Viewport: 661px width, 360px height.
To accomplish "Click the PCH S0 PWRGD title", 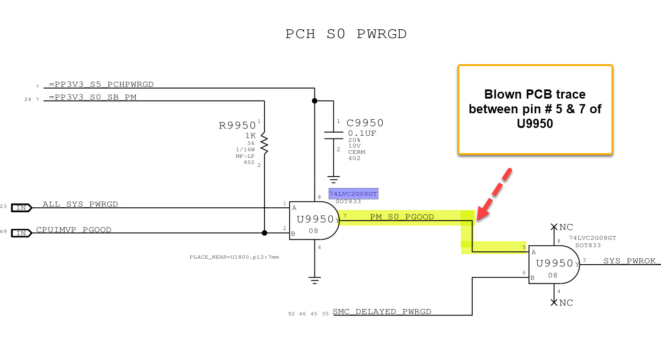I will click(x=346, y=34).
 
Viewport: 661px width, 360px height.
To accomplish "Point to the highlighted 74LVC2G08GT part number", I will click(x=353, y=194).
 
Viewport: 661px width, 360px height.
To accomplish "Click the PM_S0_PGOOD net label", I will click(x=402, y=217).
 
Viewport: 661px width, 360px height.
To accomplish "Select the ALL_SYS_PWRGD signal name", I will click(x=80, y=204).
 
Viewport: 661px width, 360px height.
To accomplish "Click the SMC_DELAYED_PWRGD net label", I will click(x=382, y=312).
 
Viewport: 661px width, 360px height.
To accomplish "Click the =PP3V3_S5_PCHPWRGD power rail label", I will click(x=101, y=84).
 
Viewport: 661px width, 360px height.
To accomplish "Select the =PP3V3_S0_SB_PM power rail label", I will click(x=93, y=97).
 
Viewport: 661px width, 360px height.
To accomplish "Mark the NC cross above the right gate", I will click(x=554, y=227).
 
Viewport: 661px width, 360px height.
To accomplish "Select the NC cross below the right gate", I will click(x=554, y=302).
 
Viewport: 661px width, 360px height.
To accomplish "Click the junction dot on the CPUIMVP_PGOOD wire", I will click(x=264, y=233).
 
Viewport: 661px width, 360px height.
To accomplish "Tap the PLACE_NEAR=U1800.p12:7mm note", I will click(x=234, y=257).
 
